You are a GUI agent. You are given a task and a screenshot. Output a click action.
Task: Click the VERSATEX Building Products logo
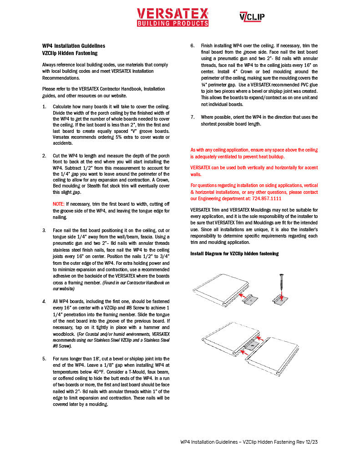pos(172,17)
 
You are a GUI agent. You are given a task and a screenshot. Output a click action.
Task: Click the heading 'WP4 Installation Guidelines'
pos(73,46)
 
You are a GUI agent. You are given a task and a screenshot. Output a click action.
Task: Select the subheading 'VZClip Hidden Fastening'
pos(70,53)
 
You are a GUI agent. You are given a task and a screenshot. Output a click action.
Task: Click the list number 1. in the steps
pos(44,106)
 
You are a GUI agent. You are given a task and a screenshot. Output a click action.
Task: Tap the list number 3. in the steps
pos(44,231)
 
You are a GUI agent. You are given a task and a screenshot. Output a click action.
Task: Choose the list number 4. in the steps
pos(44,301)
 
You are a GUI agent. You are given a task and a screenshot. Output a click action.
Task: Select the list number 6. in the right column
pos(192,46)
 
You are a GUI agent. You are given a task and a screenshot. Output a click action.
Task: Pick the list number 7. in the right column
pos(192,117)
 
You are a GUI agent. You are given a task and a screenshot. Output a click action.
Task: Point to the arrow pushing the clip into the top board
pos(244,297)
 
